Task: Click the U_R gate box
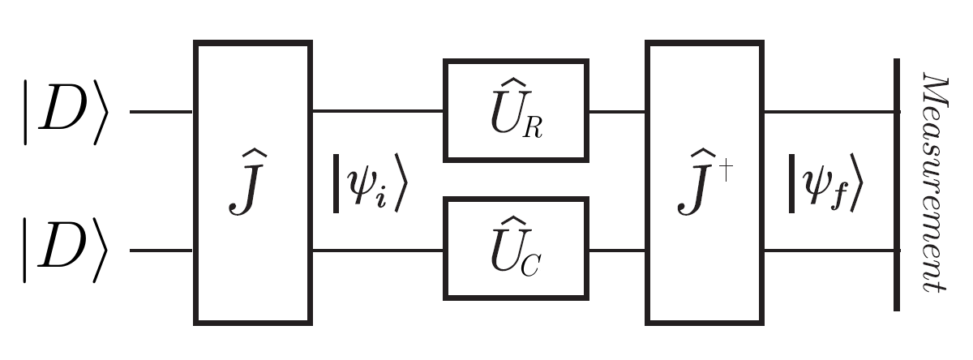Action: tap(516, 110)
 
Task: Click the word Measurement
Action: tap(936, 182)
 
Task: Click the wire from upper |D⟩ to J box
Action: tap(161, 111)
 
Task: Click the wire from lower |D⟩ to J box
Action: tap(161, 250)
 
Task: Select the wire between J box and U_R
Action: tap(377, 111)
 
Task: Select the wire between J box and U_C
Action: tap(377, 250)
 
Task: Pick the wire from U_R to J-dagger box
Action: tap(617, 111)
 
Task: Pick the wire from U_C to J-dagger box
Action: tap(617, 250)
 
